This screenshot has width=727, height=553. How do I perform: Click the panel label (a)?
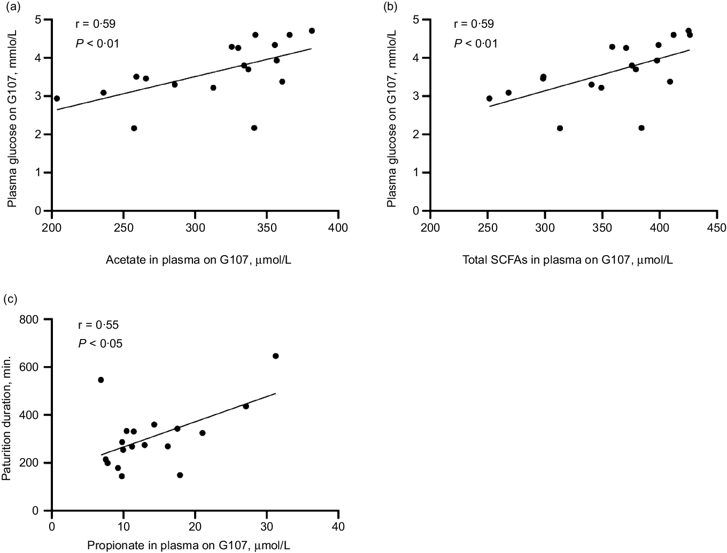coord(13,6)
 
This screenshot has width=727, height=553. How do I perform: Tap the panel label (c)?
coord(10,299)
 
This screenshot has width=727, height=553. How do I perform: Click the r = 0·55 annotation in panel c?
coord(98,325)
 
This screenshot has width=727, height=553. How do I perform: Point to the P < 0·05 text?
coord(100,344)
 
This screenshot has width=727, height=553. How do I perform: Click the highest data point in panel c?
coord(275,356)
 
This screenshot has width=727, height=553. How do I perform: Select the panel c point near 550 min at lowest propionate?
coord(101,380)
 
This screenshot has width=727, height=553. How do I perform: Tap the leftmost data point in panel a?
coord(57,98)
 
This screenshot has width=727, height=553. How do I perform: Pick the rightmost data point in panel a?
coord(312,31)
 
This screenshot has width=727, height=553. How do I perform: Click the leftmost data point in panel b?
coord(489,98)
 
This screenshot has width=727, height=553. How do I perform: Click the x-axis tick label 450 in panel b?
coord(717,227)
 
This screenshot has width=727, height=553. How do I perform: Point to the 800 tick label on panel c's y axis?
coord(29,320)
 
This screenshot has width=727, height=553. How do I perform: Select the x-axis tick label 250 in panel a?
coord(123,227)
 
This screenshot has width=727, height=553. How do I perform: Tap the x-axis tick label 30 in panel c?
coord(267,526)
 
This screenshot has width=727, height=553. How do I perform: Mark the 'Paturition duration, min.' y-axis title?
coord(6,418)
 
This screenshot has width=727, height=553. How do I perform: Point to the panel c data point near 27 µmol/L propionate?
coord(246,406)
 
